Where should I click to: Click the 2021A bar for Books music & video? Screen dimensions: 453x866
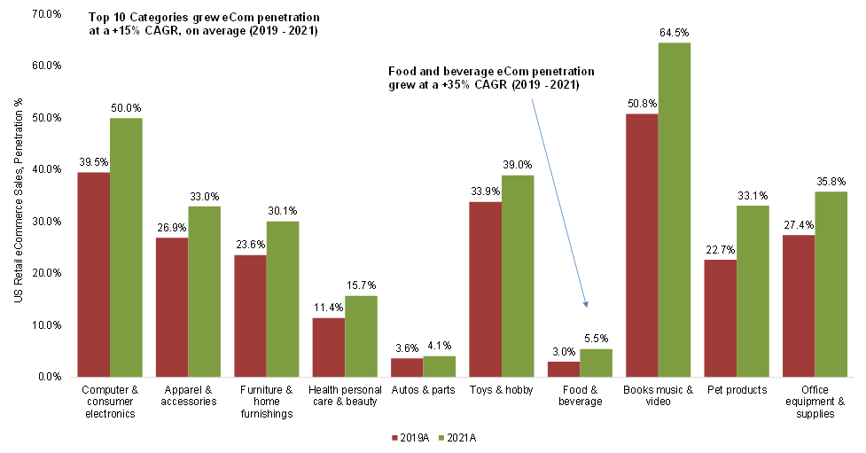pos(674,210)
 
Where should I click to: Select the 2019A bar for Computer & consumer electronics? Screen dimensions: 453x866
pos(93,274)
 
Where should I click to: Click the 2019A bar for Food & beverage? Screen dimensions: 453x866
pos(563,369)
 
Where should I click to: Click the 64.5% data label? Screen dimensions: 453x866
pos(674,32)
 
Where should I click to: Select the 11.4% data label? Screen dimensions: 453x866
pos(329,308)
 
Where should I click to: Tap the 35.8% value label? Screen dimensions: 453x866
pos(831,181)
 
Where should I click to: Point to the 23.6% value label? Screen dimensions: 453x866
pos(250,245)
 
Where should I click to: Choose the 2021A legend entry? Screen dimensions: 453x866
pos(461,437)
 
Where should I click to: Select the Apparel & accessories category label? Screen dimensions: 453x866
pos(188,395)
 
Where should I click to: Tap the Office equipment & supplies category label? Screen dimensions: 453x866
pos(814,402)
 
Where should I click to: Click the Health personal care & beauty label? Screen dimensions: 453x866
pos(344,395)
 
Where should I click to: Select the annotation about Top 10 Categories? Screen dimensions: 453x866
pos(202,24)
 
